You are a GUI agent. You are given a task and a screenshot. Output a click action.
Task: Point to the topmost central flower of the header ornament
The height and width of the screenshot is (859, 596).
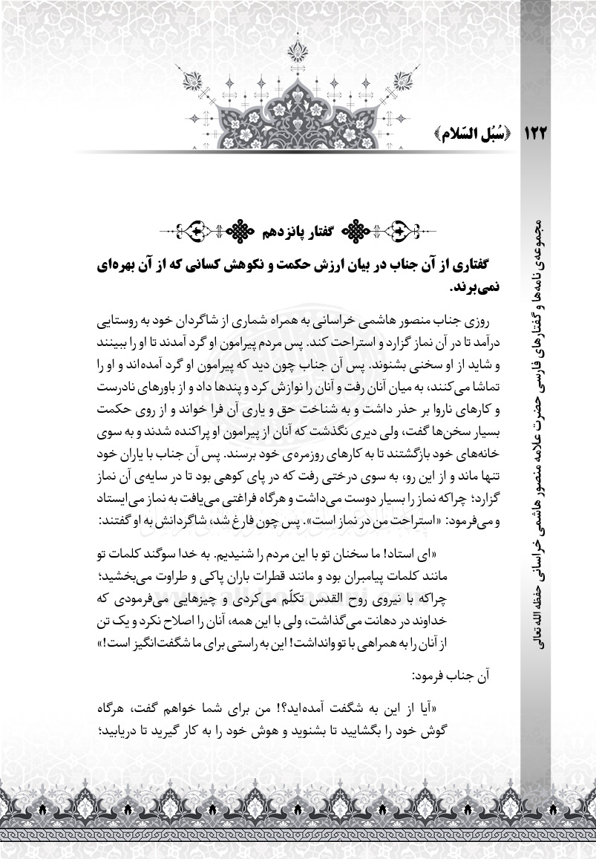pos(298,50)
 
